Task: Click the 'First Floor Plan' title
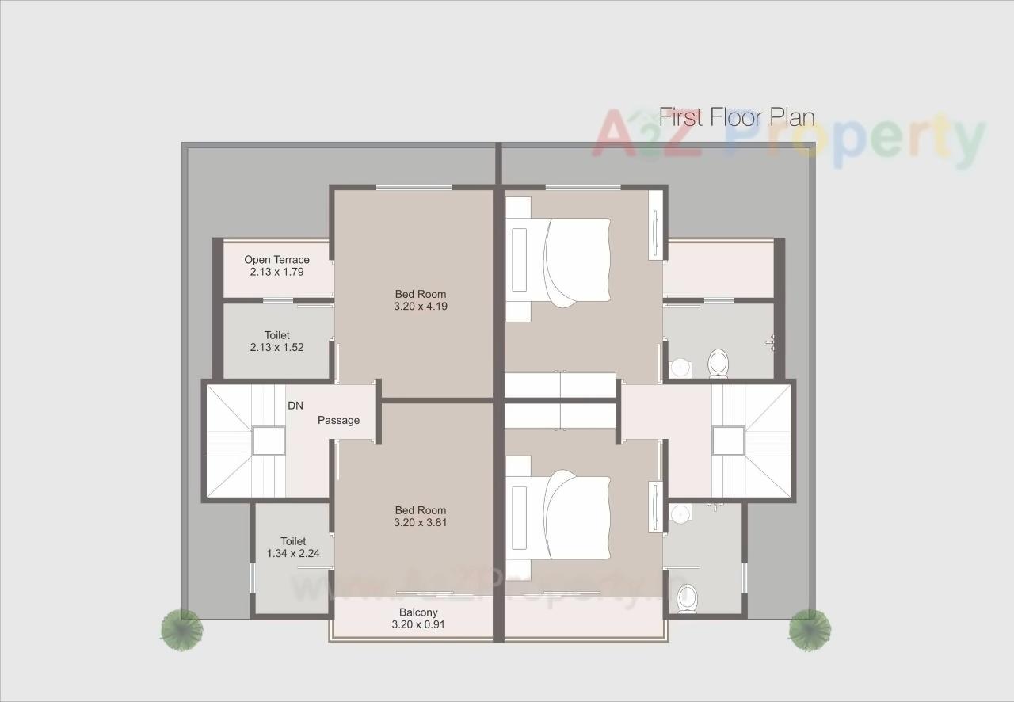[x=737, y=118]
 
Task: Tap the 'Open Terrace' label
[x=276, y=260]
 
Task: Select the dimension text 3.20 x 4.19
[x=421, y=306]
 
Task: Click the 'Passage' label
[x=338, y=420]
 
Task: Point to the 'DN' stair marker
[x=295, y=406]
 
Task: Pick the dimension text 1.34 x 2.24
[x=293, y=554]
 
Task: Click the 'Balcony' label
[x=418, y=612]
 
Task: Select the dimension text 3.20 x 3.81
[x=421, y=523]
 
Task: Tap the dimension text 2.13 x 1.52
[x=276, y=347]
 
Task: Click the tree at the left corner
[x=181, y=629]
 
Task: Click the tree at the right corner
[x=810, y=629]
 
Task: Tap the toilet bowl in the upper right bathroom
[x=719, y=363]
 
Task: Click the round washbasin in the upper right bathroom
[x=680, y=368]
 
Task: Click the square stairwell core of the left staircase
[x=269, y=441]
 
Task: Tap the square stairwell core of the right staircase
[x=727, y=441]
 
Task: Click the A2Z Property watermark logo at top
[x=788, y=138]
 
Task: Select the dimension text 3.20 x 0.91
[x=418, y=624]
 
